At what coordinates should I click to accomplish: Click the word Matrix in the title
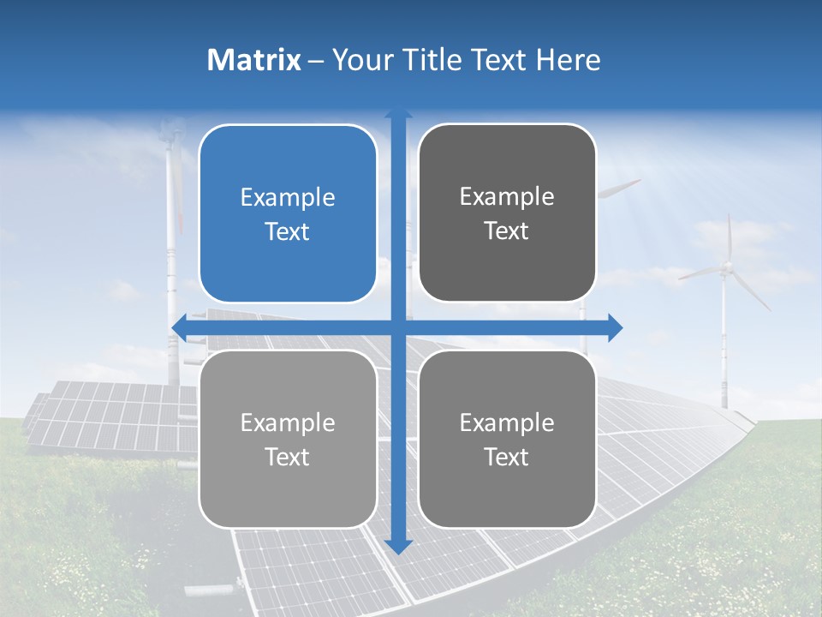coord(254,60)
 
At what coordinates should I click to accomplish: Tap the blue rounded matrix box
coord(288,214)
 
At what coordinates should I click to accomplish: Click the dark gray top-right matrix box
coord(507,213)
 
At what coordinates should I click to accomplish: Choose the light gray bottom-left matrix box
coord(288,439)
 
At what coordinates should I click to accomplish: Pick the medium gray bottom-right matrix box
coord(507,439)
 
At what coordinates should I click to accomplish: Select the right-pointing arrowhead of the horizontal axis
coord(614,327)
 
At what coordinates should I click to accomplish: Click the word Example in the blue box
coord(288,198)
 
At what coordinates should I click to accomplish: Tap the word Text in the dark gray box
coord(507,231)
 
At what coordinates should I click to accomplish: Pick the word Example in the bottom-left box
coord(288,422)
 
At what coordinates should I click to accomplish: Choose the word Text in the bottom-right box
coord(507,457)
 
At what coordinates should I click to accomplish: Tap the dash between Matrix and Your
coord(316,61)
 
